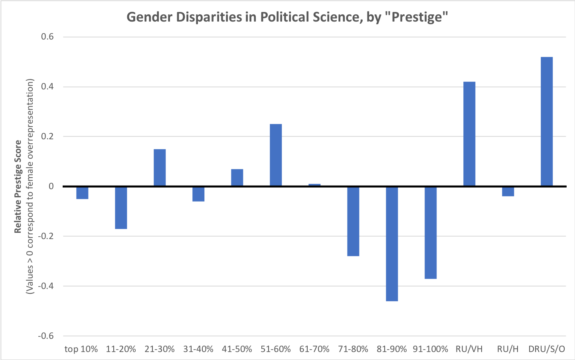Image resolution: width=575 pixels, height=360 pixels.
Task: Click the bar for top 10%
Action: coord(82,193)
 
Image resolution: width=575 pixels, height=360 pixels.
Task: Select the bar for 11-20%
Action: coord(121,208)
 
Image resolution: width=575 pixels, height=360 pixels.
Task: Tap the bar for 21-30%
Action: coord(160,168)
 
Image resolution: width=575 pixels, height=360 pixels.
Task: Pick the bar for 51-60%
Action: coord(276,155)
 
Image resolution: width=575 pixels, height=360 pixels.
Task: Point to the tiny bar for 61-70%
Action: coord(314,185)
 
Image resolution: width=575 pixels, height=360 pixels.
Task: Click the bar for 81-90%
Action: coord(392,243)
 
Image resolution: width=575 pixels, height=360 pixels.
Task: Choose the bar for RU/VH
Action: coord(469,134)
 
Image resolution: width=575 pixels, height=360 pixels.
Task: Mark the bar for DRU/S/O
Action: coord(547,122)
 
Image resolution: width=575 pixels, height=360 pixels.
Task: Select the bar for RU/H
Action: coord(508,192)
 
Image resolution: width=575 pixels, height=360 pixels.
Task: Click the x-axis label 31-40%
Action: coord(198,349)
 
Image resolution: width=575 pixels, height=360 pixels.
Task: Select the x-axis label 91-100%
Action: coord(431,349)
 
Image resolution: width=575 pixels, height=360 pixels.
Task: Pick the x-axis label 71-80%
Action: coord(353,349)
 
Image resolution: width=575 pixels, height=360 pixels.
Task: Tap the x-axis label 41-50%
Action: coord(237,349)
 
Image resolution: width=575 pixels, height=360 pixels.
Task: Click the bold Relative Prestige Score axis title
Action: coord(18,186)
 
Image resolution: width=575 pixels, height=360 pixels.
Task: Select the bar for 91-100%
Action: coord(431,233)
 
